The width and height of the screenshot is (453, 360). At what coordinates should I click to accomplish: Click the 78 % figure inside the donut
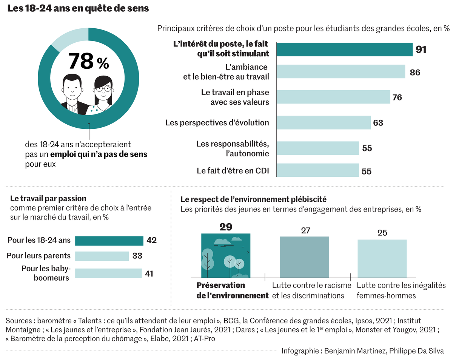88,61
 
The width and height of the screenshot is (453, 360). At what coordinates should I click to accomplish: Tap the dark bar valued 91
345,49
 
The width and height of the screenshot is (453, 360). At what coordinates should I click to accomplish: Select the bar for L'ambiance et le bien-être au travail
341,71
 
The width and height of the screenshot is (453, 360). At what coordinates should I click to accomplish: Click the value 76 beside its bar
397,97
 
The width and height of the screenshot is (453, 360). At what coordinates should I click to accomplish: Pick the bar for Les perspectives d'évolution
324,123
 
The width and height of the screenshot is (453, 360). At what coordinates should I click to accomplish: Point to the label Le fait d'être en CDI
233,171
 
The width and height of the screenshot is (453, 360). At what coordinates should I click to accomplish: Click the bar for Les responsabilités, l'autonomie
317,148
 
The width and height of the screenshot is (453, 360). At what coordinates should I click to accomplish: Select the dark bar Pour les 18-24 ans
109,241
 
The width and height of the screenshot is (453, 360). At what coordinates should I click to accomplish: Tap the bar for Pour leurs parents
102,256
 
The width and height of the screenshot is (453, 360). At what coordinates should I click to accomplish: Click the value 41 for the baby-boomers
149,273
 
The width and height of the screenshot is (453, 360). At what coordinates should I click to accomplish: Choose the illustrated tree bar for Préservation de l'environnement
225,256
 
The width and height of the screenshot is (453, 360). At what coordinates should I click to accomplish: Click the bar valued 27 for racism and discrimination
304,257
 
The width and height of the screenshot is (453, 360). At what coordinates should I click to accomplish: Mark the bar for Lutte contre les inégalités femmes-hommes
382,259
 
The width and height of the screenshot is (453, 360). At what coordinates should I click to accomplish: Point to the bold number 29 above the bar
225,227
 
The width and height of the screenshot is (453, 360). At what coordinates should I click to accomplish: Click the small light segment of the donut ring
63,39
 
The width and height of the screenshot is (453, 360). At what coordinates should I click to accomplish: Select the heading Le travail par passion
48,198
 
